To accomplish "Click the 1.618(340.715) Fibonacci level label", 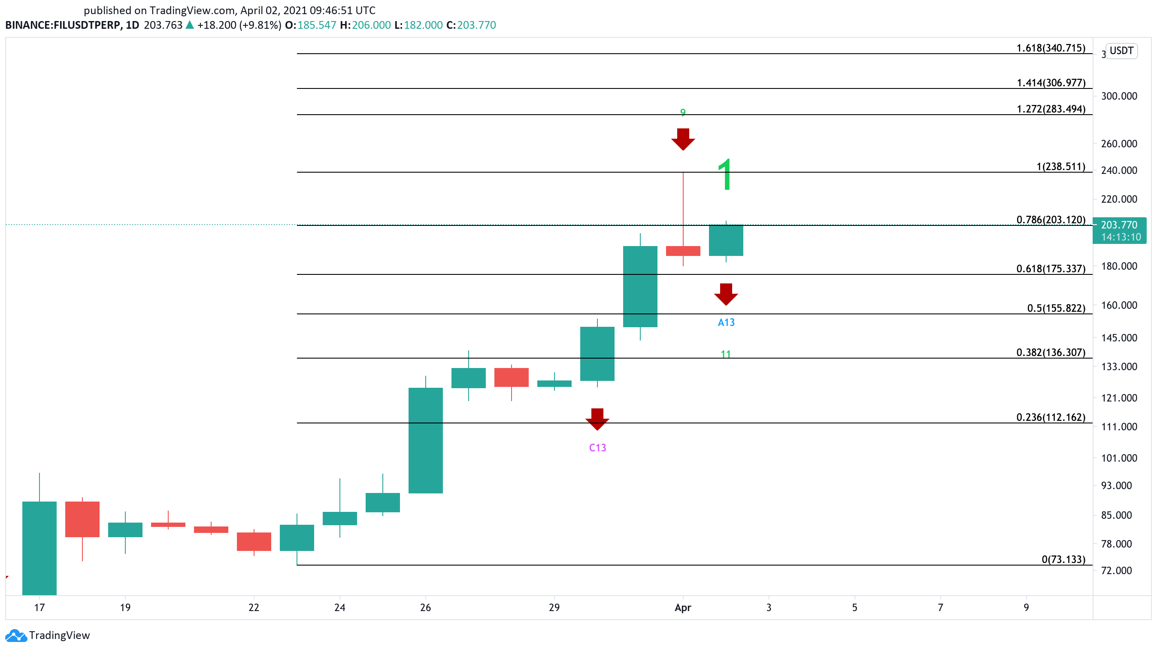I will tap(1051, 48).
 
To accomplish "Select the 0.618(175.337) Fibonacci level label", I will tap(1051, 269).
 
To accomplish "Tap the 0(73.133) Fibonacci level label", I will tap(1063, 560).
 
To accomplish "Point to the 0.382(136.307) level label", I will tap(1051, 352).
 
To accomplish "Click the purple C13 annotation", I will tap(597, 448).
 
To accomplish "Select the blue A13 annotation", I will tap(726, 322).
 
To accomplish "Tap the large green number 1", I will tap(725, 175).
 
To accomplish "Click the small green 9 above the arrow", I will tap(683, 113).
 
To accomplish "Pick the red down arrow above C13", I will tap(597, 419).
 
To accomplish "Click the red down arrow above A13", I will tap(726, 294).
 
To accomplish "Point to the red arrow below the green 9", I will tap(683, 139).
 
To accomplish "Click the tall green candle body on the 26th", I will tap(425, 440).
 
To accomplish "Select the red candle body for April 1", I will tap(683, 251).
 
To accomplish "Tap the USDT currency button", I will tap(1121, 51).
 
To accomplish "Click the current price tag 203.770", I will tap(1119, 231).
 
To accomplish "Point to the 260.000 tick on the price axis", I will tap(1119, 144).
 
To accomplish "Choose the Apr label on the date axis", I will tap(683, 608).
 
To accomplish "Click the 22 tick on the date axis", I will tap(254, 608).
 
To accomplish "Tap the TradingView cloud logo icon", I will tap(16, 635).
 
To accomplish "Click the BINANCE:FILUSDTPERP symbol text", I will tap(63, 25).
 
